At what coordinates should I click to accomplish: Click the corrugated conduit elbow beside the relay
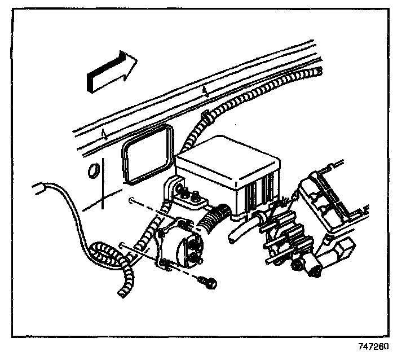click(217, 217)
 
